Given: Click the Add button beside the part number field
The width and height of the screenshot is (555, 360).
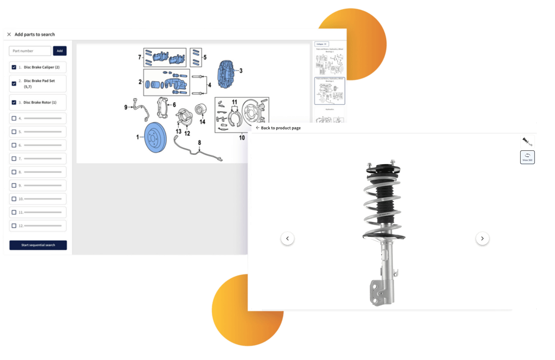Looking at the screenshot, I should tap(60, 51).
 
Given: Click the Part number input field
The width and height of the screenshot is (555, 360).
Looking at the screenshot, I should tap(30, 51).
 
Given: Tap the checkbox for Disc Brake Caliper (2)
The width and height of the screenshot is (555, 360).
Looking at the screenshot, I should tap(14, 67).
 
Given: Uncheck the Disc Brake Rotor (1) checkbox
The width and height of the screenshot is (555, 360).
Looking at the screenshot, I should tap(14, 103).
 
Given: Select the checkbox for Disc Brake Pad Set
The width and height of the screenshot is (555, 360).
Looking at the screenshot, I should tap(14, 83).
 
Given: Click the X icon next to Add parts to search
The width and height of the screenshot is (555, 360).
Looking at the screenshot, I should tap(9, 34).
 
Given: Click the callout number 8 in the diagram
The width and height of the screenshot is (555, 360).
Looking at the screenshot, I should tap(199, 143).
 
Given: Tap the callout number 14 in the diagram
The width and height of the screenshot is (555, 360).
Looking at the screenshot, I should tap(202, 122).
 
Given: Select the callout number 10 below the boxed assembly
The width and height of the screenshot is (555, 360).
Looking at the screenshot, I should tap(242, 137).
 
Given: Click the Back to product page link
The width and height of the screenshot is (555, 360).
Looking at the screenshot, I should tap(278, 128).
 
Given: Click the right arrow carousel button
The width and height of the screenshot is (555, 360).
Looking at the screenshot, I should tap(482, 239).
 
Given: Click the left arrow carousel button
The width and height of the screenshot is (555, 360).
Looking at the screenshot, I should tap(288, 239).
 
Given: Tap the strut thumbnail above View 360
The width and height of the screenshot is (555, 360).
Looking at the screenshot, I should tap(527, 142).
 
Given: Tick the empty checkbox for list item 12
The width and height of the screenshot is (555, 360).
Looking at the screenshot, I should tap(14, 226).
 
